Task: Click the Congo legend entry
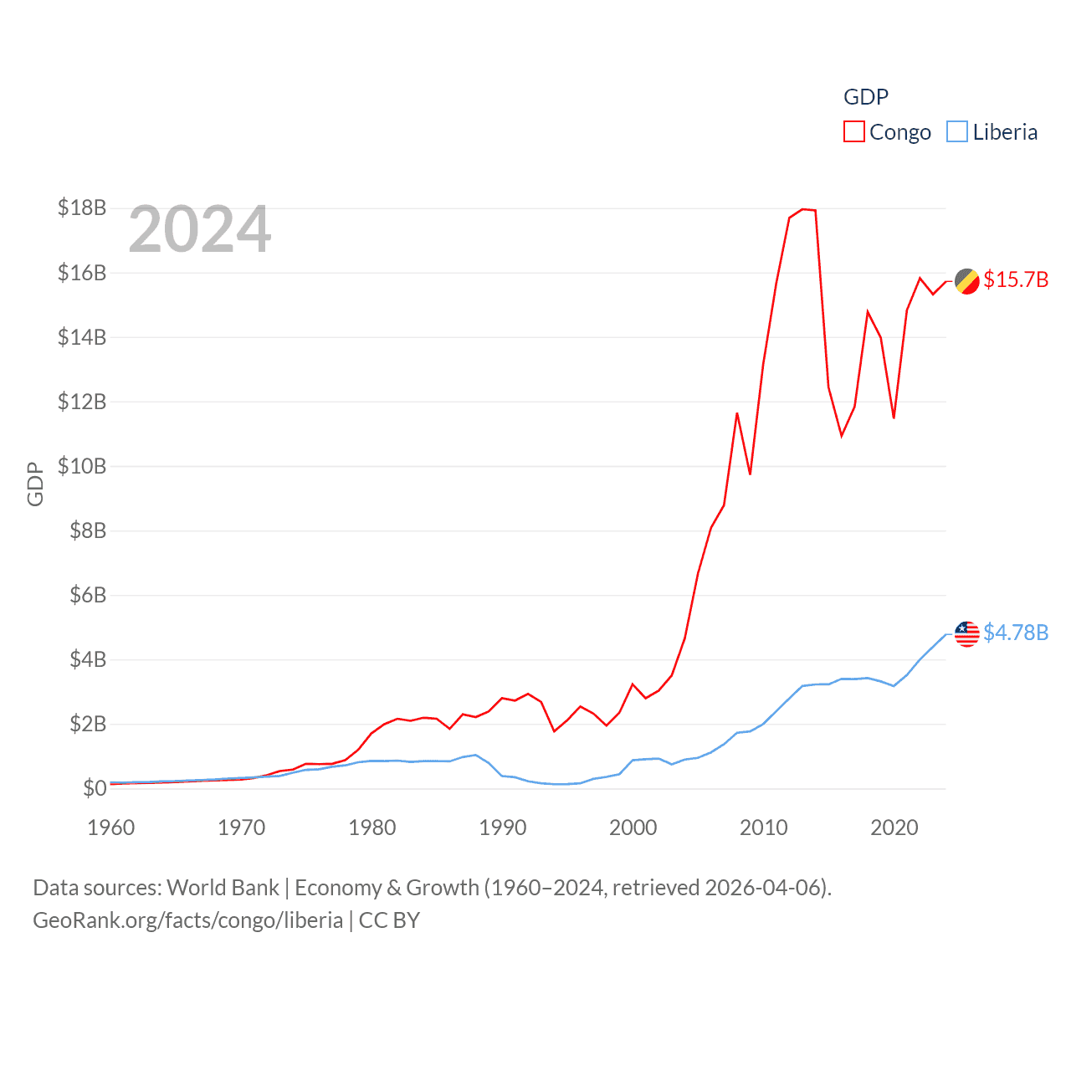[887, 132]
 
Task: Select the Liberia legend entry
[992, 132]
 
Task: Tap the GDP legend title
[865, 97]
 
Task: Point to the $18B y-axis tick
[82, 208]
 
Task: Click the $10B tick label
[82, 466]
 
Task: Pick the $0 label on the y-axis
[94, 788]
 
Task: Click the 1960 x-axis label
[111, 828]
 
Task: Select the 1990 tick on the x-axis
[502, 828]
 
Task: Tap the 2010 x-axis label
[763, 828]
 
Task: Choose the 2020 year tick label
[894, 828]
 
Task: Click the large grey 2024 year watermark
[199, 229]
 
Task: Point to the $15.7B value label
[1016, 279]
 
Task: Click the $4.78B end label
[1016, 633]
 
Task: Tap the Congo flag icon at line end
[966, 281]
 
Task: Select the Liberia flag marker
[966, 633]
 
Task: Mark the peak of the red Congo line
[803, 209]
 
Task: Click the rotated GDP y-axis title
[35, 484]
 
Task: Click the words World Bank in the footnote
[223, 888]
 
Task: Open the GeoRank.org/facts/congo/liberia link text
[187, 920]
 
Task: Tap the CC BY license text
[389, 920]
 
